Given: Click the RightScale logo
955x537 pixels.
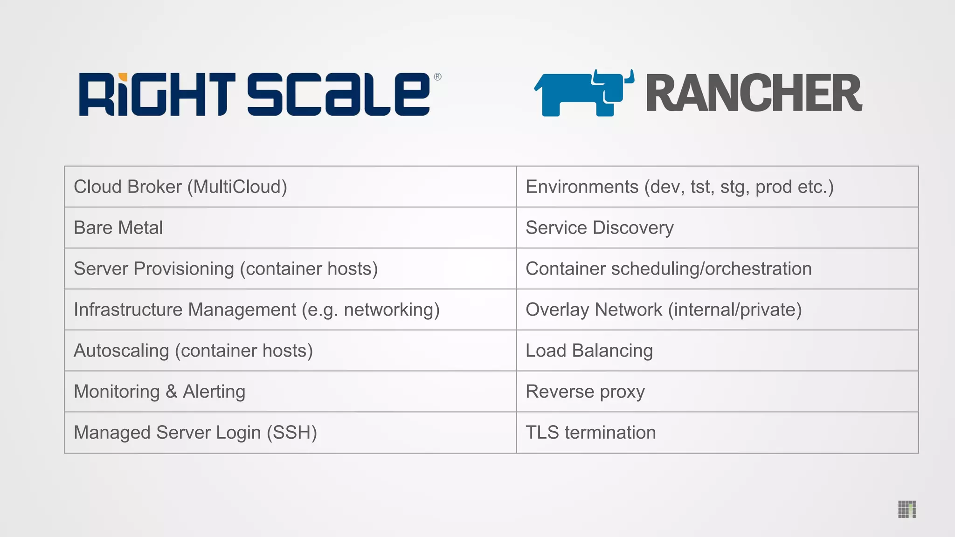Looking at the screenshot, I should click(x=255, y=94).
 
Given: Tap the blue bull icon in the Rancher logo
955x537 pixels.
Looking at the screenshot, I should click(x=584, y=93).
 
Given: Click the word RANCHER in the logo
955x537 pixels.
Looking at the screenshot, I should click(x=754, y=93).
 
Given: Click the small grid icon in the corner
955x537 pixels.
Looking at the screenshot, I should click(x=907, y=509).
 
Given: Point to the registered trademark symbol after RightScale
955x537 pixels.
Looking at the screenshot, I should click(x=437, y=77).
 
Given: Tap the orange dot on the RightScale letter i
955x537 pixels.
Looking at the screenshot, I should click(x=123, y=77).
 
